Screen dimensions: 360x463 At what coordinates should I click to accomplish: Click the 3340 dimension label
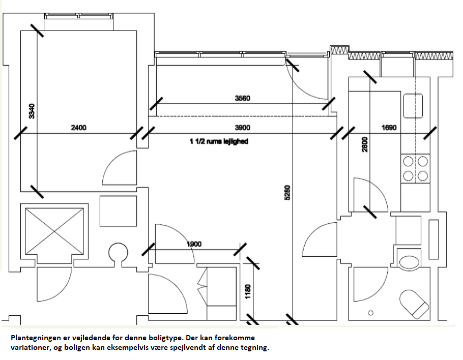[x=32, y=111]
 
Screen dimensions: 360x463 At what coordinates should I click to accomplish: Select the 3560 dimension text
[x=242, y=98]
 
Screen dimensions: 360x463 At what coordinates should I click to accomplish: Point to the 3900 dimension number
[x=242, y=128]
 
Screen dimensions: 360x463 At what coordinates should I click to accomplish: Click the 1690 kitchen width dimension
[x=389, y=128]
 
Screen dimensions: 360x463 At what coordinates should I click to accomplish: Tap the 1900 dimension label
[x=194, y=244]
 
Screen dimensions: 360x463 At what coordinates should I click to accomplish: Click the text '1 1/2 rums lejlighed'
[x=219, y=141]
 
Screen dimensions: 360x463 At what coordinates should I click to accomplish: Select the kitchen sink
[x=413, y=106]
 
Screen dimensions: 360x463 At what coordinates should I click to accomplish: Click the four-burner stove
[x=415, y=169]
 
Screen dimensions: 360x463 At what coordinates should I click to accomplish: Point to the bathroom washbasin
[x=409, y=262]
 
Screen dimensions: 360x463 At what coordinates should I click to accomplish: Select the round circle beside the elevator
[x=118, y=252]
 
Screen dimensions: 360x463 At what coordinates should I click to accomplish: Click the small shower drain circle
[x=371, y=312]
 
